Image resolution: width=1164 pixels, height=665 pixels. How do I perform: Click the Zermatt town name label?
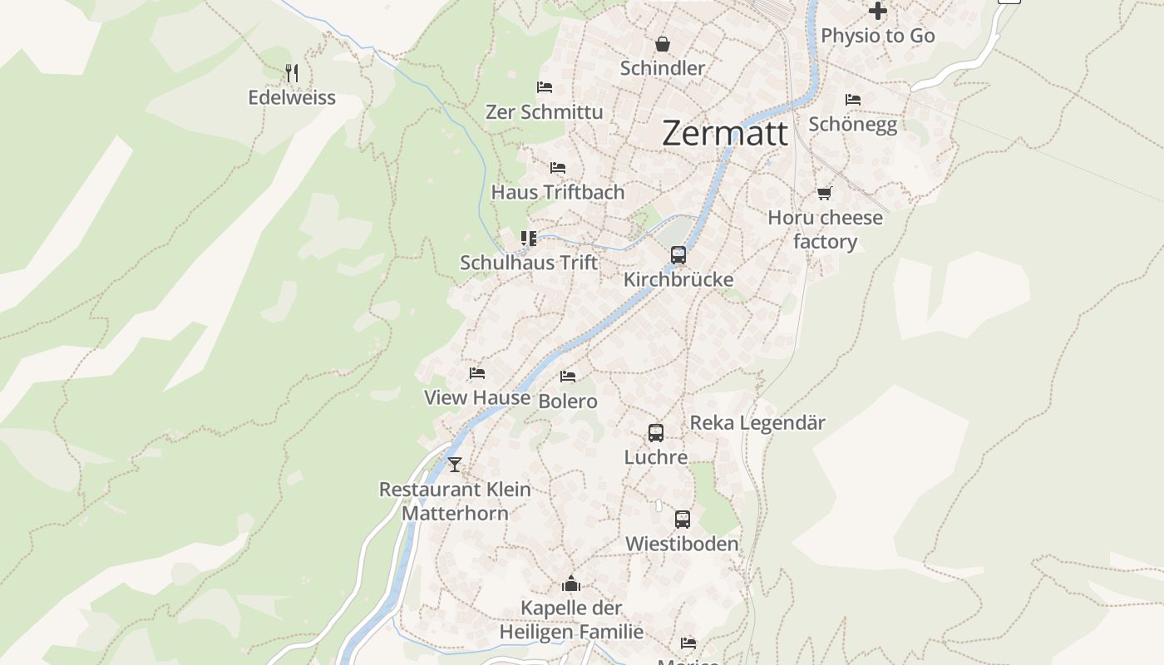[x=725, y=133]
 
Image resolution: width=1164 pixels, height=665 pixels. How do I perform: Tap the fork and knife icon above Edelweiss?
[x=291, y=73]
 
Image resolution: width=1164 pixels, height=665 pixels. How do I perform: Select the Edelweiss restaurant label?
[x=292, y=97]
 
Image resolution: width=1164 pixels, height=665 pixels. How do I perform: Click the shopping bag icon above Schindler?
[x=663, y=44]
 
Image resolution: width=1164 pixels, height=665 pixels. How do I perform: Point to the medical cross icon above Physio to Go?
[x=878, y=11]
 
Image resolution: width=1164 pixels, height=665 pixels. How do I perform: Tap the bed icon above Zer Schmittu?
[x=545, y=87]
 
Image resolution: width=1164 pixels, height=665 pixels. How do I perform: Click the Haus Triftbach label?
[x=558, y=192]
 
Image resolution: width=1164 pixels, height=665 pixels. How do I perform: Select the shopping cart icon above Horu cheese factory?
[x=824, y=194]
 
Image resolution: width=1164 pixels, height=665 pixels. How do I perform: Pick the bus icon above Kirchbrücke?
[x=678, y=255]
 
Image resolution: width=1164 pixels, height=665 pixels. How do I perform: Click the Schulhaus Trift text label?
[x=529, y=263]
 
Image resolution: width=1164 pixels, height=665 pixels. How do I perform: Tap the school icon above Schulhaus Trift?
[x=529, y=239]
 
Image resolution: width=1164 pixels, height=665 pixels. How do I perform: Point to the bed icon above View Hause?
[x=477, y=373]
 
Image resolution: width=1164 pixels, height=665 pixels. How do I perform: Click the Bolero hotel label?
[x=568, y=401]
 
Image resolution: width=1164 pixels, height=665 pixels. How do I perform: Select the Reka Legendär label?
[x=757, y=422]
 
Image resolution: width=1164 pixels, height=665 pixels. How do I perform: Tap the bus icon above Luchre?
[x=656, y=433]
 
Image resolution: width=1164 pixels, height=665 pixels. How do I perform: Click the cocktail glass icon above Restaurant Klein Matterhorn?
[x=455, y=464]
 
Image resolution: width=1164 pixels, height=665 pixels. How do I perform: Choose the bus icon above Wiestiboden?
[x=683, y=520]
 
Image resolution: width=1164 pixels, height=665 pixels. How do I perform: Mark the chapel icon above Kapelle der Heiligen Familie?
[x=571, y=584]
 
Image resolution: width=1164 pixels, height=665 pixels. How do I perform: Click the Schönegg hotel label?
[x=853, y=124]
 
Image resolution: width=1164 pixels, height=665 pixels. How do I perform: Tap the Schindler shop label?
[x=663, y=68]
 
